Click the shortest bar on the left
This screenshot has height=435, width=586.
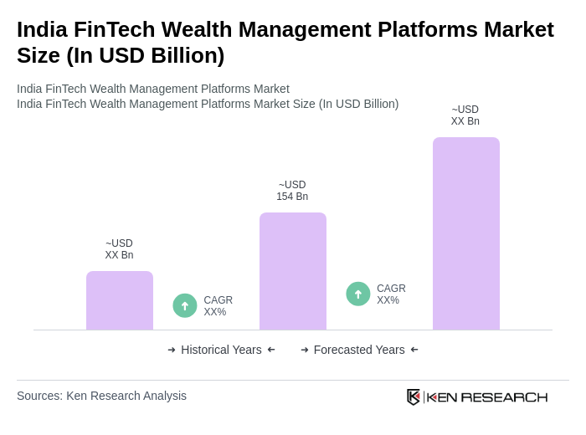[119, 300]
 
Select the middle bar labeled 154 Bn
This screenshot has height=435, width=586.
[292, 271]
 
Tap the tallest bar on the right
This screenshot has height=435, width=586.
[465, 233]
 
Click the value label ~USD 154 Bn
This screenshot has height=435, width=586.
[292, 191]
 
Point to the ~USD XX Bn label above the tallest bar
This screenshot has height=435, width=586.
[465, 115]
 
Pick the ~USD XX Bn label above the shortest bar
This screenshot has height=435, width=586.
[119, 249]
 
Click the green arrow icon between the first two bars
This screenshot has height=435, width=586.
[185, 305]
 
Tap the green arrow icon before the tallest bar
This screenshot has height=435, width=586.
[358, 294]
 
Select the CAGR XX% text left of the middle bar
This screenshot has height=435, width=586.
[218, 306]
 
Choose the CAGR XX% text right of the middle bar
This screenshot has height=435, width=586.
[391, 294]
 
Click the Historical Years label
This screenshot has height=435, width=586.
[221, 350]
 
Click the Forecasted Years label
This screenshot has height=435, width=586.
[359, 350]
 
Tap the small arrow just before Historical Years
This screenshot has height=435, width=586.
[172, 350]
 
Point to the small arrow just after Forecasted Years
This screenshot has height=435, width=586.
[414, 350]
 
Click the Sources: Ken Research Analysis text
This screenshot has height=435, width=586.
[101, 396]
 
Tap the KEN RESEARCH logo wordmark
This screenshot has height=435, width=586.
[487, 397]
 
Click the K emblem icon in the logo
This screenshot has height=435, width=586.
[414, 397]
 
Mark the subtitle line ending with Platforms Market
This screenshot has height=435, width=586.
[153, 89]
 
